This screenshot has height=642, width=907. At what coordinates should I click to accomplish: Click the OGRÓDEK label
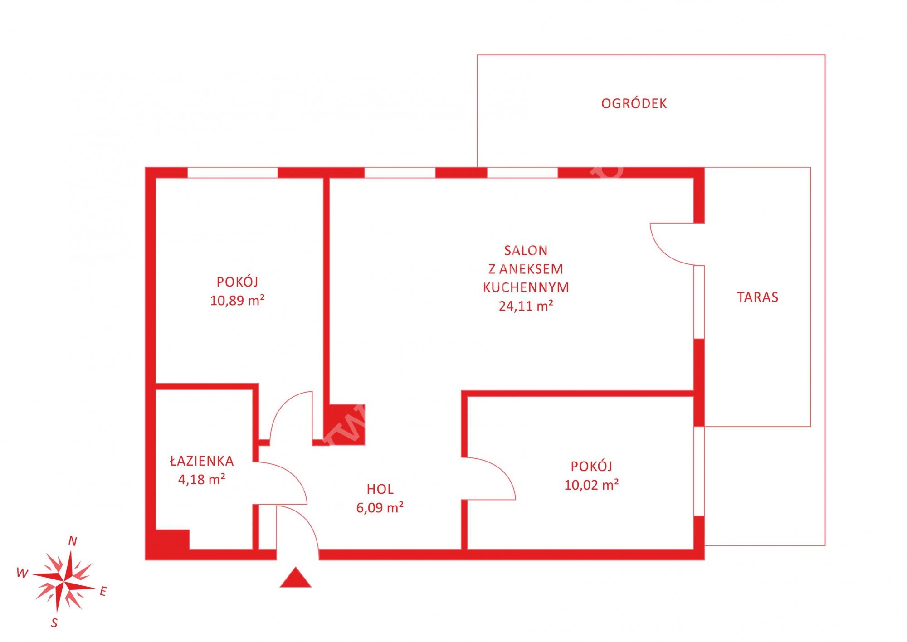click(634, 103)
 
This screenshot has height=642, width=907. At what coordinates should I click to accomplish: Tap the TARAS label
click(757, 297)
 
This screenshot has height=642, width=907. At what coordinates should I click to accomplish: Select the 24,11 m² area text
click(526, 306)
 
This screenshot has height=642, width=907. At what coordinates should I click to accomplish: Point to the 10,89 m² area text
click(237, 301)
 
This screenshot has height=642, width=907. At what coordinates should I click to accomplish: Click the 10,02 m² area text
click(591, 485)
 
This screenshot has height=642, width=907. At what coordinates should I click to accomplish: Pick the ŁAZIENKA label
click(202, 461)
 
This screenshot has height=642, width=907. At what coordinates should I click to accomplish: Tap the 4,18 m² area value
click(202, 479)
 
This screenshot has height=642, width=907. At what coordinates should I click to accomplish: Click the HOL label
click(380, 489)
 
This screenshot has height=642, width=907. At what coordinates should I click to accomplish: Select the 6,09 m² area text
click(380, 508)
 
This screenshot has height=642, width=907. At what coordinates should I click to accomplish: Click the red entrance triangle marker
click(296, 578)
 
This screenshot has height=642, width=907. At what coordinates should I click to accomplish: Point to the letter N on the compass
click(73, 541)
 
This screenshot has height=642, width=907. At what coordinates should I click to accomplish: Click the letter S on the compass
click(54, 623)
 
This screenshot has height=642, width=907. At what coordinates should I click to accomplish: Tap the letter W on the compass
click(22, 573)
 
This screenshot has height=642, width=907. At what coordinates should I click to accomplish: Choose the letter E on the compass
click(103, 591)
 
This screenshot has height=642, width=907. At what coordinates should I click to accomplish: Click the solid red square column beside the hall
click(347, 424)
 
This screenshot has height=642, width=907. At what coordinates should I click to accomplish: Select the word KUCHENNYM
click(526, 287)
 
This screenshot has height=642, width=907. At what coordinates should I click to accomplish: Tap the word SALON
click(526, 250)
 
